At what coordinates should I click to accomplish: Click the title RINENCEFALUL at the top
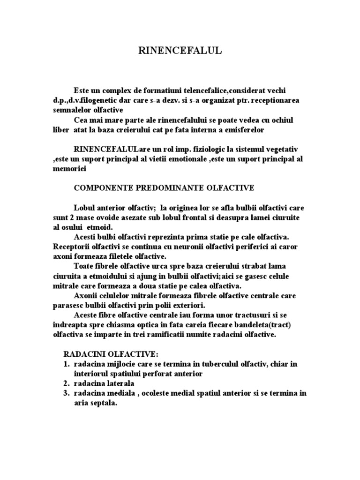(180, 52)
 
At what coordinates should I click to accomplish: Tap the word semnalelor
(71, 110)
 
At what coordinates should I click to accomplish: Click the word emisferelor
(243, 129)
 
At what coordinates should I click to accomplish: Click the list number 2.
(66, 383)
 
